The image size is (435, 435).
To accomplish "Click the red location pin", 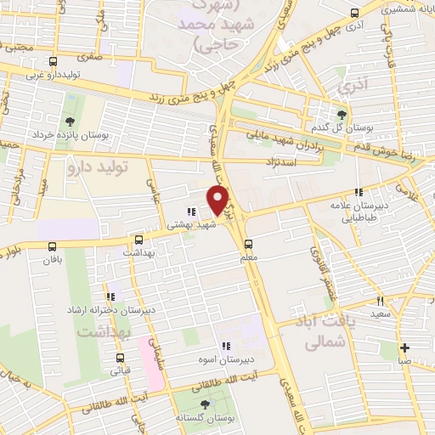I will (218, 199).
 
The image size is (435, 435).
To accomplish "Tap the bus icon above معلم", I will (260, 242).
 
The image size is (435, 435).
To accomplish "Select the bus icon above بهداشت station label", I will (139, 240).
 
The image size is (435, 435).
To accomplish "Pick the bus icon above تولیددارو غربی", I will (54, 62).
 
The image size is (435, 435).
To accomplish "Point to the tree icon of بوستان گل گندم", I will (342, 115).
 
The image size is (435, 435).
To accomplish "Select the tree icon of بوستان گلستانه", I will (204, 405).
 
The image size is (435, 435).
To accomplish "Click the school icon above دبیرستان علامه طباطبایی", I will (359, 192).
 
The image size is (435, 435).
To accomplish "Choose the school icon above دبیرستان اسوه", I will (226, 346).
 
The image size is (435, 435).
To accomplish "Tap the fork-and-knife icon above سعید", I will (380, 301).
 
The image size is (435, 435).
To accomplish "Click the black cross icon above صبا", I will (405, 347).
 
